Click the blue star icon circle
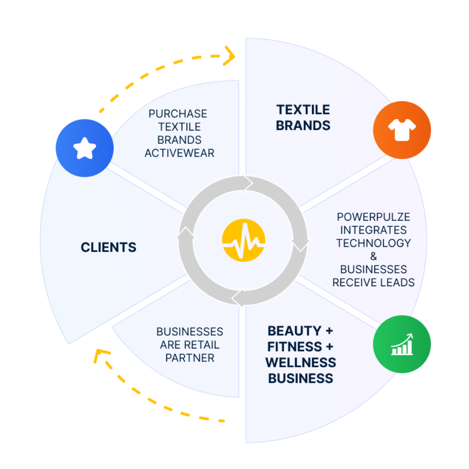(84, 148)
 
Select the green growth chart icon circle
(402, 345)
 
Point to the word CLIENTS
(109, 248)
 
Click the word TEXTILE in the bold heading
(303, 110)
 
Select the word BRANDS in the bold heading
(303, 125)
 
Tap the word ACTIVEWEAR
(180, 153)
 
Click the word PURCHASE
(178, 114)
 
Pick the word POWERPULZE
(373, 217)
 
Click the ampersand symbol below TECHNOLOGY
(373, 256)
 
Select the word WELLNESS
(300, 362)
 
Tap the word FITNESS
(291, 347)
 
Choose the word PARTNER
(190, 358)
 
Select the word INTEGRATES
(373, 230)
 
